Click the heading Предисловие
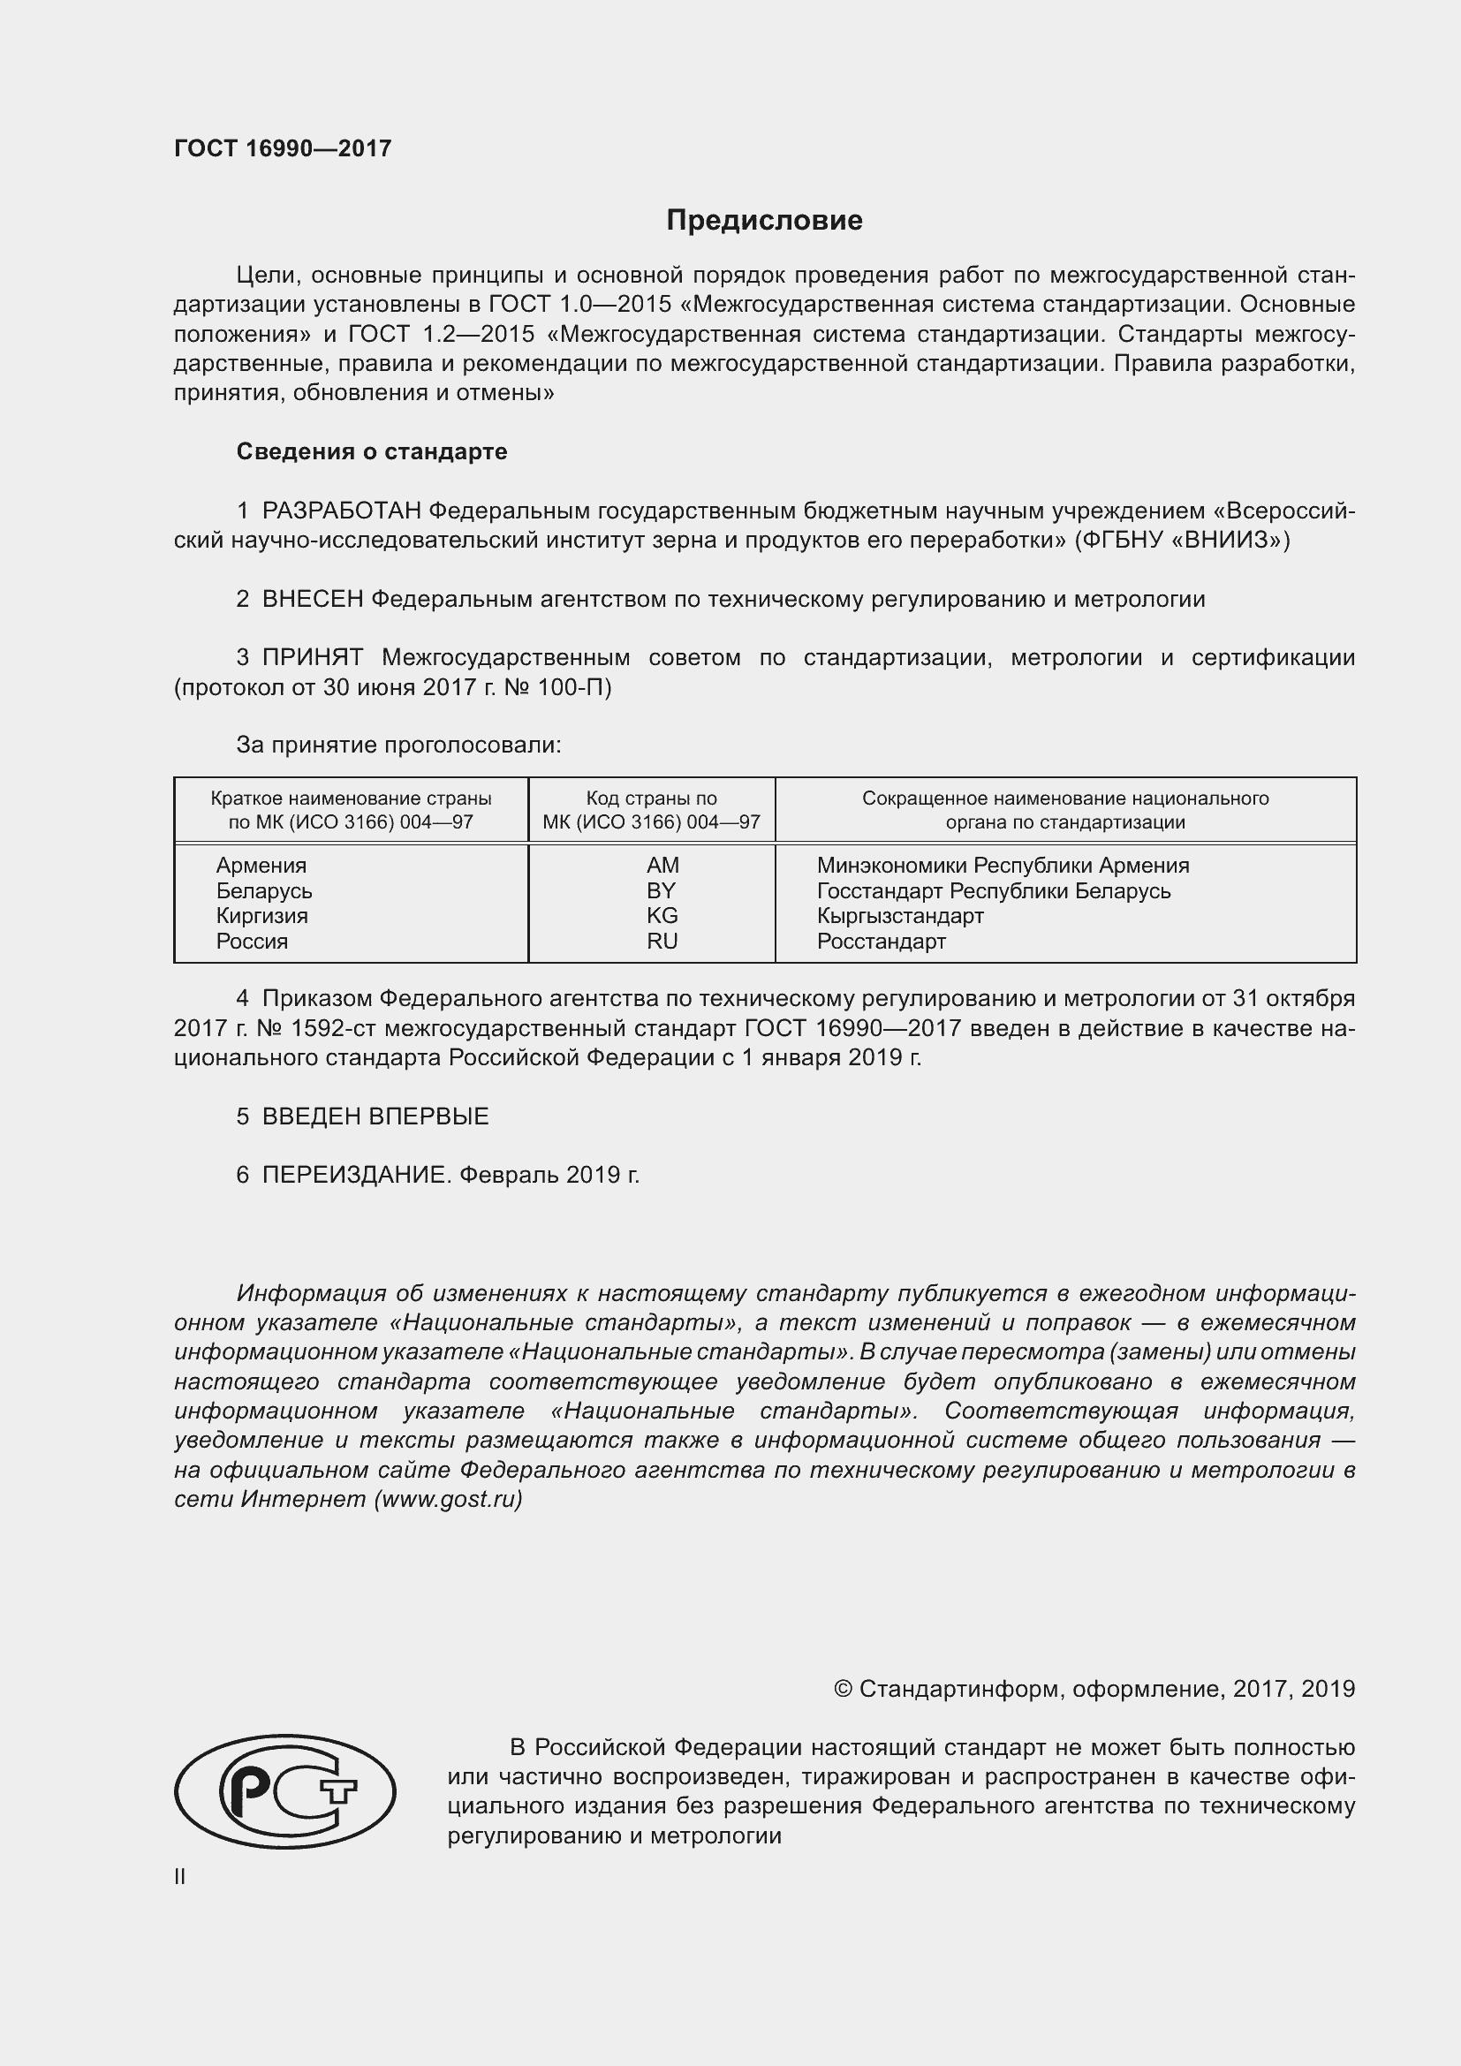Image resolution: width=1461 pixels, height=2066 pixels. click(x=764, y=221)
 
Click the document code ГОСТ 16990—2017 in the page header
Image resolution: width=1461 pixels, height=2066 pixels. click(x=283, y=148)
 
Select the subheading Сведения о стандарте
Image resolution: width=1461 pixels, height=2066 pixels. click(x=372, y=451)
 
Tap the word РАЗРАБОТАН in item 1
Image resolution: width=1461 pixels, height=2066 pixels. click(x=341, y=511)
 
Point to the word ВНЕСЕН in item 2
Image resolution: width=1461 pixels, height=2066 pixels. click(x=312, y=599)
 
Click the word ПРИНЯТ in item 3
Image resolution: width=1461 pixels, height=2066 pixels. click(x=312, y=658)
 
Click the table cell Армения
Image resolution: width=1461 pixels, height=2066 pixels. click(x=261, y=866)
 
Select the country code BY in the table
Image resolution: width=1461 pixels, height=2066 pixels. click(x=661, y=891)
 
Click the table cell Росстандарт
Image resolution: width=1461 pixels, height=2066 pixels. click(x=881, y=942)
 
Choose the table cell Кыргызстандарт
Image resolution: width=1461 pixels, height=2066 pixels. click(x=899, y=916)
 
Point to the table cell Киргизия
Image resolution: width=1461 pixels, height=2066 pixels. click(x=261, y=916)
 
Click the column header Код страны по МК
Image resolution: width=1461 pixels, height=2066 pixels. click(x=651, y=810)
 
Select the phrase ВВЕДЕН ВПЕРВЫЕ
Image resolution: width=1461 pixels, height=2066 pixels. click(x=375, y=1116)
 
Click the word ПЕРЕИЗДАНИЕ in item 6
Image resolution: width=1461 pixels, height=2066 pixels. click(x=354, y=1175)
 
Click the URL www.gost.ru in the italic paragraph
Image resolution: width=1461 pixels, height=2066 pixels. click(x=447, y=1499)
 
